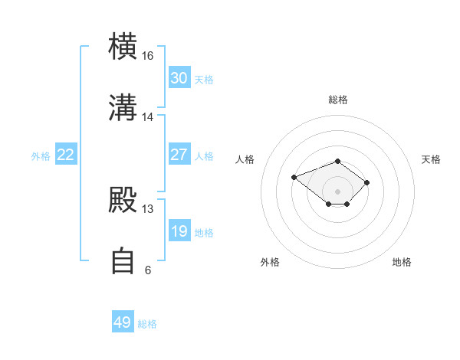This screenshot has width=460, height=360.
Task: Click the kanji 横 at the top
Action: [x=123, y=46]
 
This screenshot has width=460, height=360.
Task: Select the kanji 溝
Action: [x=123, y=107]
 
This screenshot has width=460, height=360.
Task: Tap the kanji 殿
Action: [x=123, y=200]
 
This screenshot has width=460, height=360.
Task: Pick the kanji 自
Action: [x=123, y=260]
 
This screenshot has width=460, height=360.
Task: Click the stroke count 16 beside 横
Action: [x=147, y=56]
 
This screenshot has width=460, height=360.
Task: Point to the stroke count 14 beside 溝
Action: [x=147, y=117]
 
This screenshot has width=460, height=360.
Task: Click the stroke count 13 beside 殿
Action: [x=147, y=209]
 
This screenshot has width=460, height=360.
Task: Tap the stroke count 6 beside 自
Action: [x=148, y=270]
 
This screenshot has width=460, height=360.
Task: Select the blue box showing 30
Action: [x=179, y=77]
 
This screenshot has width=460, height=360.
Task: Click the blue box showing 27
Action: [x=179, y=154]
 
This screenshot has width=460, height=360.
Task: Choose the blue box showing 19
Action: [x=179, y=230]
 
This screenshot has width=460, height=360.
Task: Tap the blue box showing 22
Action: [x=66, y=154]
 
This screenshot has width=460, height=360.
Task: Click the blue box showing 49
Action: [x=123, y=321]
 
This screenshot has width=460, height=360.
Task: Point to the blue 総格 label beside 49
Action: [x=147, y=324]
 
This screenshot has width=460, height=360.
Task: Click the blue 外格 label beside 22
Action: [x=41, y=156]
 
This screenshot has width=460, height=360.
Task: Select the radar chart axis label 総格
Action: [x=338, y=100]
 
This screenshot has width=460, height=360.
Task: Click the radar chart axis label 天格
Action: [x=431, y=159]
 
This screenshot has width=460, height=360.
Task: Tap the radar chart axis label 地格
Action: [x=402, y=262]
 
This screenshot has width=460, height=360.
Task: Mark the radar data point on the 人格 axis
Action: [x=294, y=177]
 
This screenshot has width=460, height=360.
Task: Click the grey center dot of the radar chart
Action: [x=337, y=191]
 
